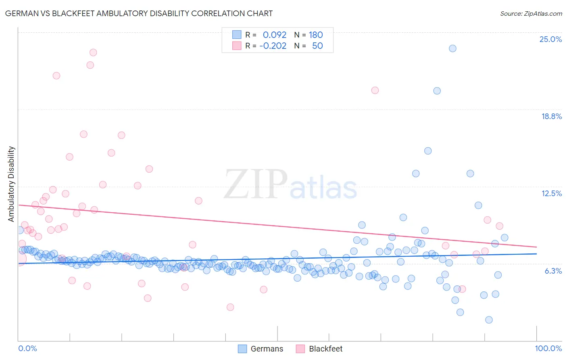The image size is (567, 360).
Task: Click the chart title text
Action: click(x=139, y=13)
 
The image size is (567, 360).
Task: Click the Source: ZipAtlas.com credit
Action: click(x=531, y=13)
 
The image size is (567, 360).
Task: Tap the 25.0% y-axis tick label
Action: click(x=550, y=39)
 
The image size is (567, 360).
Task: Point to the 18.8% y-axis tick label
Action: click(x=551, y=116)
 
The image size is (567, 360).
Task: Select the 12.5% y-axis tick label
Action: click(x=551, y=193)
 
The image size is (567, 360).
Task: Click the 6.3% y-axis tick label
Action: click(x=553, y=271)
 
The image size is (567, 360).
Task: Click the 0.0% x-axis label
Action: click(x=27, y=348)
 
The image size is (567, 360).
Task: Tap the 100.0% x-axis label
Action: click(x=548, y=348)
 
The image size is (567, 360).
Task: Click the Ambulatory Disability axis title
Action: click(x=11, y=184)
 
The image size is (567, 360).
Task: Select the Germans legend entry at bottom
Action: click(x=261, y=349)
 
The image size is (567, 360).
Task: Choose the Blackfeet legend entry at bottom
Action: click(x=319, y=349)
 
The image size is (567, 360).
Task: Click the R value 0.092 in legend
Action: click(x=274, y=35)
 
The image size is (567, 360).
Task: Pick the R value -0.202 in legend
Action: click(x=273, y=46)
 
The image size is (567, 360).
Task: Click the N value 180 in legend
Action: click(x=316, y=35)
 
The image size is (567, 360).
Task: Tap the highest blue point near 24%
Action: click(x=452, y=48)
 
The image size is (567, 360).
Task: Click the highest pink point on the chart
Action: click(x=93, y=52)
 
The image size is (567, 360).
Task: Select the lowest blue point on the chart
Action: click(x=489, y=320)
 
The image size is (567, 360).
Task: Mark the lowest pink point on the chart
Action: click(x=230, y=307)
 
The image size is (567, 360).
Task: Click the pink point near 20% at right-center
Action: click(x=375, y=90)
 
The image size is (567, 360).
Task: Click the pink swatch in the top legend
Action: click(x=237, y=46)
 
